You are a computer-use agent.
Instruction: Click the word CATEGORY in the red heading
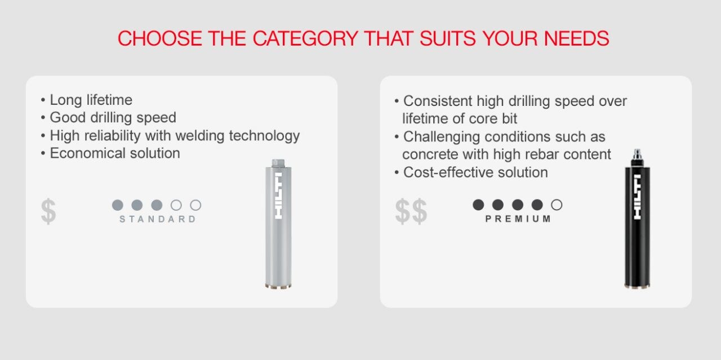click(x=304, y=38)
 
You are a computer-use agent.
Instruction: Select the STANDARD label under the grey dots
click(x=158, y=219)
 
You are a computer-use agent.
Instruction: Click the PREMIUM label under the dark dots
click(x=518, y=219)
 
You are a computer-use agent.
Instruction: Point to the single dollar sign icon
click(x=48, y=211)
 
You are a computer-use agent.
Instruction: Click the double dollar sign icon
click(x=411, y=211)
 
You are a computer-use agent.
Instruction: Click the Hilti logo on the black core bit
click(x=638, y=197)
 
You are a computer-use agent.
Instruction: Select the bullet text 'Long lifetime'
click(x=91, y=100)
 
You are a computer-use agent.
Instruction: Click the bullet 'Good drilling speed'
click(x=113, y=118)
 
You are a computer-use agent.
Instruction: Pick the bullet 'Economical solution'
click(x=114, y=153)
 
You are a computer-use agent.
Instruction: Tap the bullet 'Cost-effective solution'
click(x=475, y=172)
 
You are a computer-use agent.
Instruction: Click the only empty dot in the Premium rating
click(x=557, y=205)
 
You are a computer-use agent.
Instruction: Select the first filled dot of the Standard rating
click(x=118, y=205)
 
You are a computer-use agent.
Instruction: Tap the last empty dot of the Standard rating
click(x=195, y=205)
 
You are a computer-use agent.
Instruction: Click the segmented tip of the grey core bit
click(x=278, y=285)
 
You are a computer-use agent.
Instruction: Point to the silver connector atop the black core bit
click(x=638, y=155)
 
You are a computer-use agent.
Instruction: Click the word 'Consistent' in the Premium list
click(x=438, y=101)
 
